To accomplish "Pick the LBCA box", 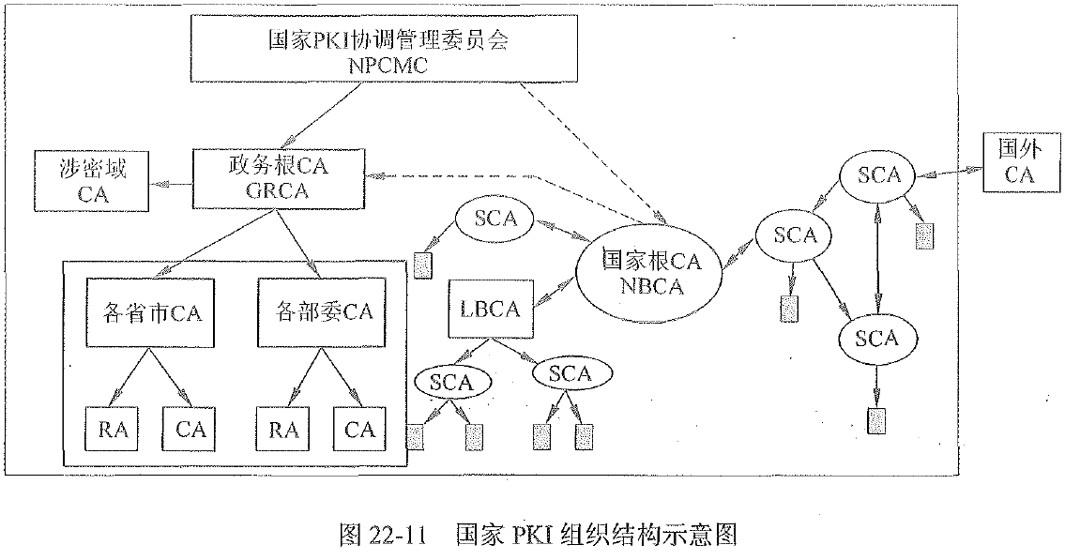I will (492, 310).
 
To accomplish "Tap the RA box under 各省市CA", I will (113, 430).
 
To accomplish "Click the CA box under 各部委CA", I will (359, 430).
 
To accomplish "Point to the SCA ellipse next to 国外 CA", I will (877, 174).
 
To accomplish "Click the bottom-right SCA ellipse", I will (876, 338).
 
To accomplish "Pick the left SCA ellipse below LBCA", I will (453, 381).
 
